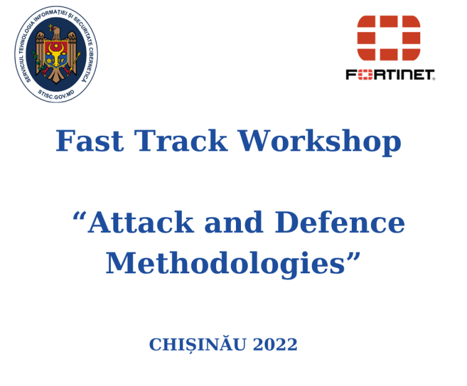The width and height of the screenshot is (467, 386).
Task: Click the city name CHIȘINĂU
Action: (x=198, y=344)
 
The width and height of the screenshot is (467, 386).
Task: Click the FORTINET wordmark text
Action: (x=390, y=75)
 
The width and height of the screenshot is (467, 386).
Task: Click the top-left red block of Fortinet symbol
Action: (x=367, y=23)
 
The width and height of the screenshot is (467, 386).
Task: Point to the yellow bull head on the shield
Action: (x=57, y=57)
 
